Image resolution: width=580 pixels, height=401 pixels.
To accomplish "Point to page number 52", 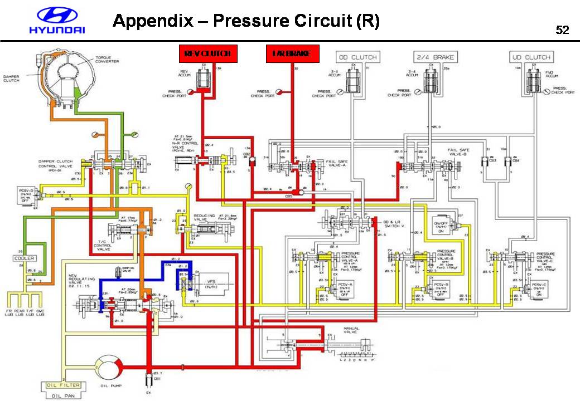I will [562, 30].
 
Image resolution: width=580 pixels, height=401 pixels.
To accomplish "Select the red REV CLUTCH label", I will [207, 53].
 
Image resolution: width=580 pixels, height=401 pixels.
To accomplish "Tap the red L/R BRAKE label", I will [292, 53].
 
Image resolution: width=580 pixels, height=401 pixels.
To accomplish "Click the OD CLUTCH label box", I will [357, 57].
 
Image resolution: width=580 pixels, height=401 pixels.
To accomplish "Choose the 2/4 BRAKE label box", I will [435, 57].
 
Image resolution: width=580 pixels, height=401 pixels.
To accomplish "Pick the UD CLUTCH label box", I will [530, 57].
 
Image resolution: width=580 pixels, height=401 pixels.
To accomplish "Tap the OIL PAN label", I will [62, 395].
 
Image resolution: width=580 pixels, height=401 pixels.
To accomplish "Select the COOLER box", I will [25, 258].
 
